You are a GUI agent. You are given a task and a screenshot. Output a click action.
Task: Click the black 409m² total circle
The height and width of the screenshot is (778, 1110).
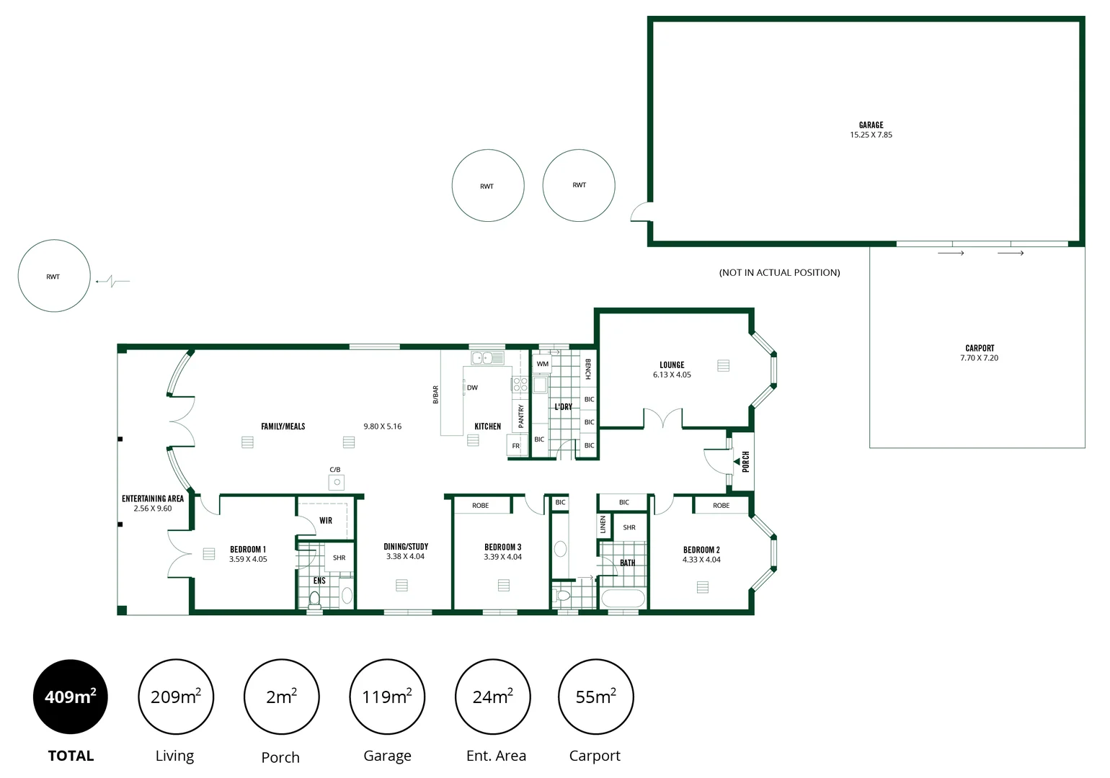(71, 697)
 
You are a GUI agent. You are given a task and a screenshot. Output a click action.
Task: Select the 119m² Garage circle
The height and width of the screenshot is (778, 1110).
(387, 697)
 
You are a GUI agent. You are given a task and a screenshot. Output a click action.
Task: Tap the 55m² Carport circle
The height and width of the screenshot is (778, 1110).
(595, 697)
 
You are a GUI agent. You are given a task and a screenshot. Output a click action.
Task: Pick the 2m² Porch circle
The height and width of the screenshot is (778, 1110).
(281, 697)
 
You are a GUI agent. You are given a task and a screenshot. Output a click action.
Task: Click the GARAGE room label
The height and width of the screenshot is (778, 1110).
(871, 125)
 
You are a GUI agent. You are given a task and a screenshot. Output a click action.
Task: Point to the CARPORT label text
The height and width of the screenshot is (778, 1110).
(979, 348)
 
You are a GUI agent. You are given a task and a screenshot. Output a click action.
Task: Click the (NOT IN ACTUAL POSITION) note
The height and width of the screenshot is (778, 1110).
(779, 272)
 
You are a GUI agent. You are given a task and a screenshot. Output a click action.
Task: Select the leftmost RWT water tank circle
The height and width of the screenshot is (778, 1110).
(54, 276)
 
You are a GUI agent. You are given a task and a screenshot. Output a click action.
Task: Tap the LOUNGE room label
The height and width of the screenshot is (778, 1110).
(672, 365)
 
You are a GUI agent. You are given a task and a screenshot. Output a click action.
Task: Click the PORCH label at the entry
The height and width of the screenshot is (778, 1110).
(746, 461)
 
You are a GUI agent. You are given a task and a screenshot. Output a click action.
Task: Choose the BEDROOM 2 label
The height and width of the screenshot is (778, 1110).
(701, 550)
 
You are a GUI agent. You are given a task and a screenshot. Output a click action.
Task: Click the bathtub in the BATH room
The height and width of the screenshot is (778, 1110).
(623, 599)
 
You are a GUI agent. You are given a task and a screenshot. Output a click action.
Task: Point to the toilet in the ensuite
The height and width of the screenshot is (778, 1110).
(314, 598)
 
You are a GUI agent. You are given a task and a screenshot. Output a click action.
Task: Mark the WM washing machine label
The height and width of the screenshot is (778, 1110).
(542, 364)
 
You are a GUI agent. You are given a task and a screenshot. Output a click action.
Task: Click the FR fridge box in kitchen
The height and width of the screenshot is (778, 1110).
(516, 446)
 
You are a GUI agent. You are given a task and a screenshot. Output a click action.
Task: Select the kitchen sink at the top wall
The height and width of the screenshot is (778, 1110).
(488, 357)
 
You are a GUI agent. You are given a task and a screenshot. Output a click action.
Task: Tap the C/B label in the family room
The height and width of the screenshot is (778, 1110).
(335, 470)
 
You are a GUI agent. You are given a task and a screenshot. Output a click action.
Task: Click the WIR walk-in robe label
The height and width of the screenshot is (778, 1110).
(326, 520)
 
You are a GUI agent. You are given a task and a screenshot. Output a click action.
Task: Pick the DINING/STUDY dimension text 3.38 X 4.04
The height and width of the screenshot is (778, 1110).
(406, 556)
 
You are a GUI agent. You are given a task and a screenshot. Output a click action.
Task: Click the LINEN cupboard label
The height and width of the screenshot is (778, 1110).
(603, 524)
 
